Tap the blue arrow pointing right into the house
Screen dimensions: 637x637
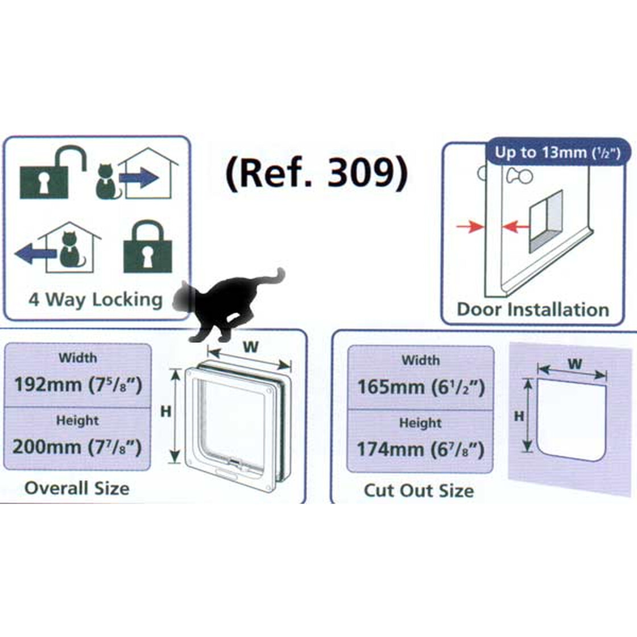[x=139, y=179]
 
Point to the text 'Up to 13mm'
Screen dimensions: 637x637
[x=532, y=152]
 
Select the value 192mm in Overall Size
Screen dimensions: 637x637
[x=48, y=384]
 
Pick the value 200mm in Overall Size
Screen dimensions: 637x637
[x=47, y=446]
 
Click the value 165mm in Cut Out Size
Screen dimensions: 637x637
[x=391, y=387]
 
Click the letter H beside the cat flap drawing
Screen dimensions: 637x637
[x=166, y=411]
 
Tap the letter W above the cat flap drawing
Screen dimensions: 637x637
[x=251, y=347]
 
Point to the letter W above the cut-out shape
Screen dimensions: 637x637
[x=575, y=363]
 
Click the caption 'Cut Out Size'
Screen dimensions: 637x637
[x=419, y=490]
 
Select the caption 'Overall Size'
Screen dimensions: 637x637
[x=77, y=488]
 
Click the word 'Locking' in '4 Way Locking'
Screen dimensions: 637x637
[x=127, y=299]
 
